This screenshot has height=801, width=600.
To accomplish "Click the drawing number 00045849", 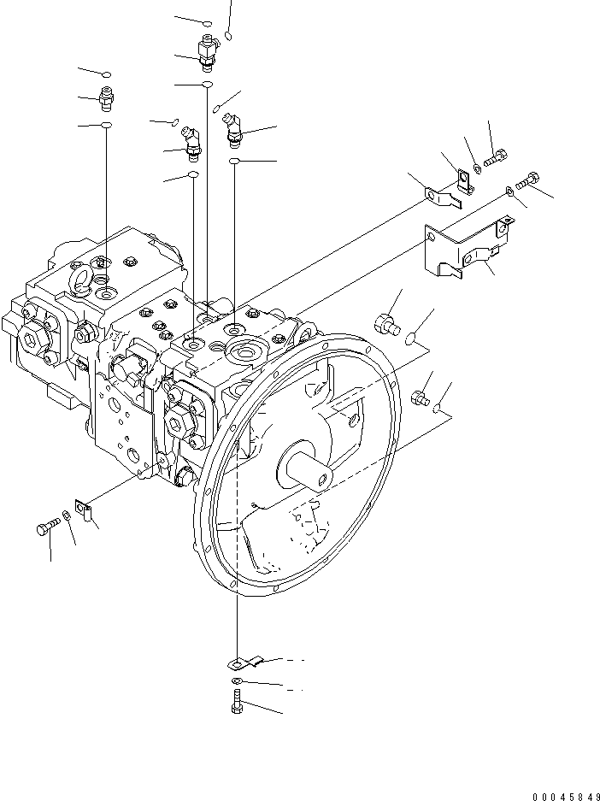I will (x=561, y=795).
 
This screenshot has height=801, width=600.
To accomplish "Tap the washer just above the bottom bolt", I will (x=237, y=680).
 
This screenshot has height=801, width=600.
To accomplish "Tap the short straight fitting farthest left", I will (x=106, y=101).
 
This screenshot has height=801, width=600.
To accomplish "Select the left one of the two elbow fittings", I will (x=192, y=141).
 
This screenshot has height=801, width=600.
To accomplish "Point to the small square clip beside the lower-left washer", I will (x=83, y=511).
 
